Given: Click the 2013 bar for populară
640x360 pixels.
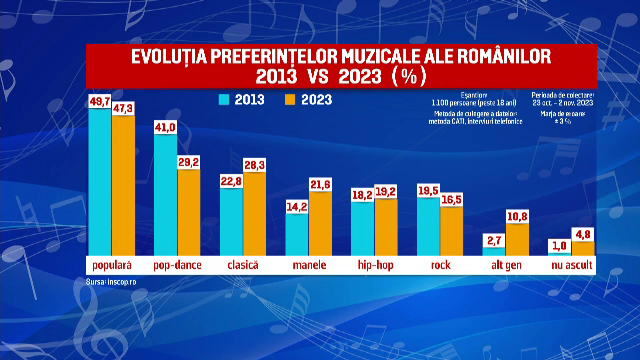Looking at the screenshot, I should click(x=100, y=180).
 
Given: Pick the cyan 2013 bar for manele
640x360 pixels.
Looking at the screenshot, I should click(x=297, y=233).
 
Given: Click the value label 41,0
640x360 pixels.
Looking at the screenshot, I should click(x=165, y=127).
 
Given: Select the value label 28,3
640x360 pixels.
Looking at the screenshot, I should click(x=255, y=164).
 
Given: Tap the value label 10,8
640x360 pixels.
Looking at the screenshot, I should click(x=517, y=215).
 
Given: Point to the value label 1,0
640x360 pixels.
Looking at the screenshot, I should click(x=560, y=245).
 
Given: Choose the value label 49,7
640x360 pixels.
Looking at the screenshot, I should click(x=100, y=102).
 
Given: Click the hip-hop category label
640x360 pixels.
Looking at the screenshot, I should click(x=374, y=265).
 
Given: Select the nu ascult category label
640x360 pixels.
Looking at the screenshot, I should click(x=570, y=265).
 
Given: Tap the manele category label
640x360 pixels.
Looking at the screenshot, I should click(x=308, y=265).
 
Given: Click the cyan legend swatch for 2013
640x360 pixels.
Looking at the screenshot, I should click(x=225, y=99).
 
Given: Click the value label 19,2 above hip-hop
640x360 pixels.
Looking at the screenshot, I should click(x=385, y=190).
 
